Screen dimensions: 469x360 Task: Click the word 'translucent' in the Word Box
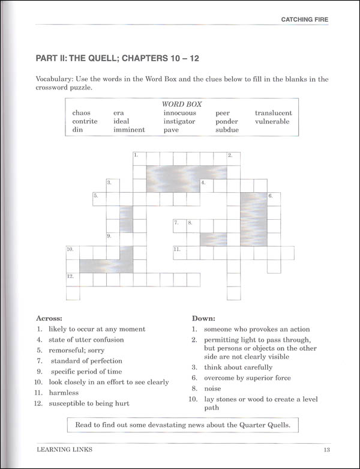273,112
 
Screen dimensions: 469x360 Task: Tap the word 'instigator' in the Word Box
179,121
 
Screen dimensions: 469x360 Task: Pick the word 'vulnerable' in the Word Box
272,121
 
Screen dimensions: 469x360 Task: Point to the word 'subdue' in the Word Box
227,130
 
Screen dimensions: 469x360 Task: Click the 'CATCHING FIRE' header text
305,20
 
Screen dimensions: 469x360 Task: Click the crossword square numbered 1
139,158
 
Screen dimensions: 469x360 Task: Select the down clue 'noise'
213,389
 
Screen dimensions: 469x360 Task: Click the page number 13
326,449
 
